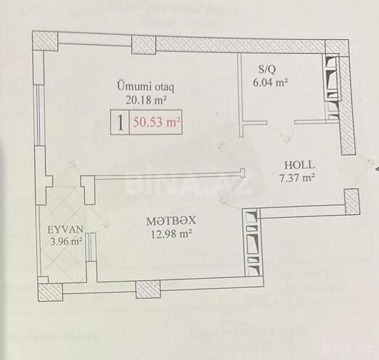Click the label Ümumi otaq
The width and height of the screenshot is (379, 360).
click(147, 85)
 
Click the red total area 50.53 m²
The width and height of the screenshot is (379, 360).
click(156, 123)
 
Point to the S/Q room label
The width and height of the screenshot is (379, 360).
click(266, 70)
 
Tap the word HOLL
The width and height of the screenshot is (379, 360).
click(298, 165)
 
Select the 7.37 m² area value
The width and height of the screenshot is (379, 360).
click(298, 177)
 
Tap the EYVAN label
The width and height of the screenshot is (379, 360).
click(63, 228)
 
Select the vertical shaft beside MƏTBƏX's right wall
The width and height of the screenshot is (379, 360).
click(251, 242)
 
